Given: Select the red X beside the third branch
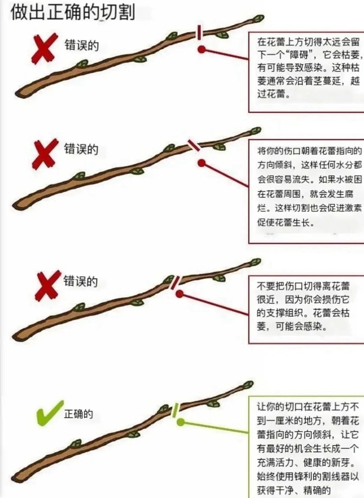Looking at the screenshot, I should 47,286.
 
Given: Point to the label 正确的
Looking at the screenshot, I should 78,414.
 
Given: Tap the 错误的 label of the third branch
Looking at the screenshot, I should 80,281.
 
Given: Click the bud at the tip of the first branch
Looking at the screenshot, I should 258,19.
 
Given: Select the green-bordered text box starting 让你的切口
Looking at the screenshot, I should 306,447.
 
